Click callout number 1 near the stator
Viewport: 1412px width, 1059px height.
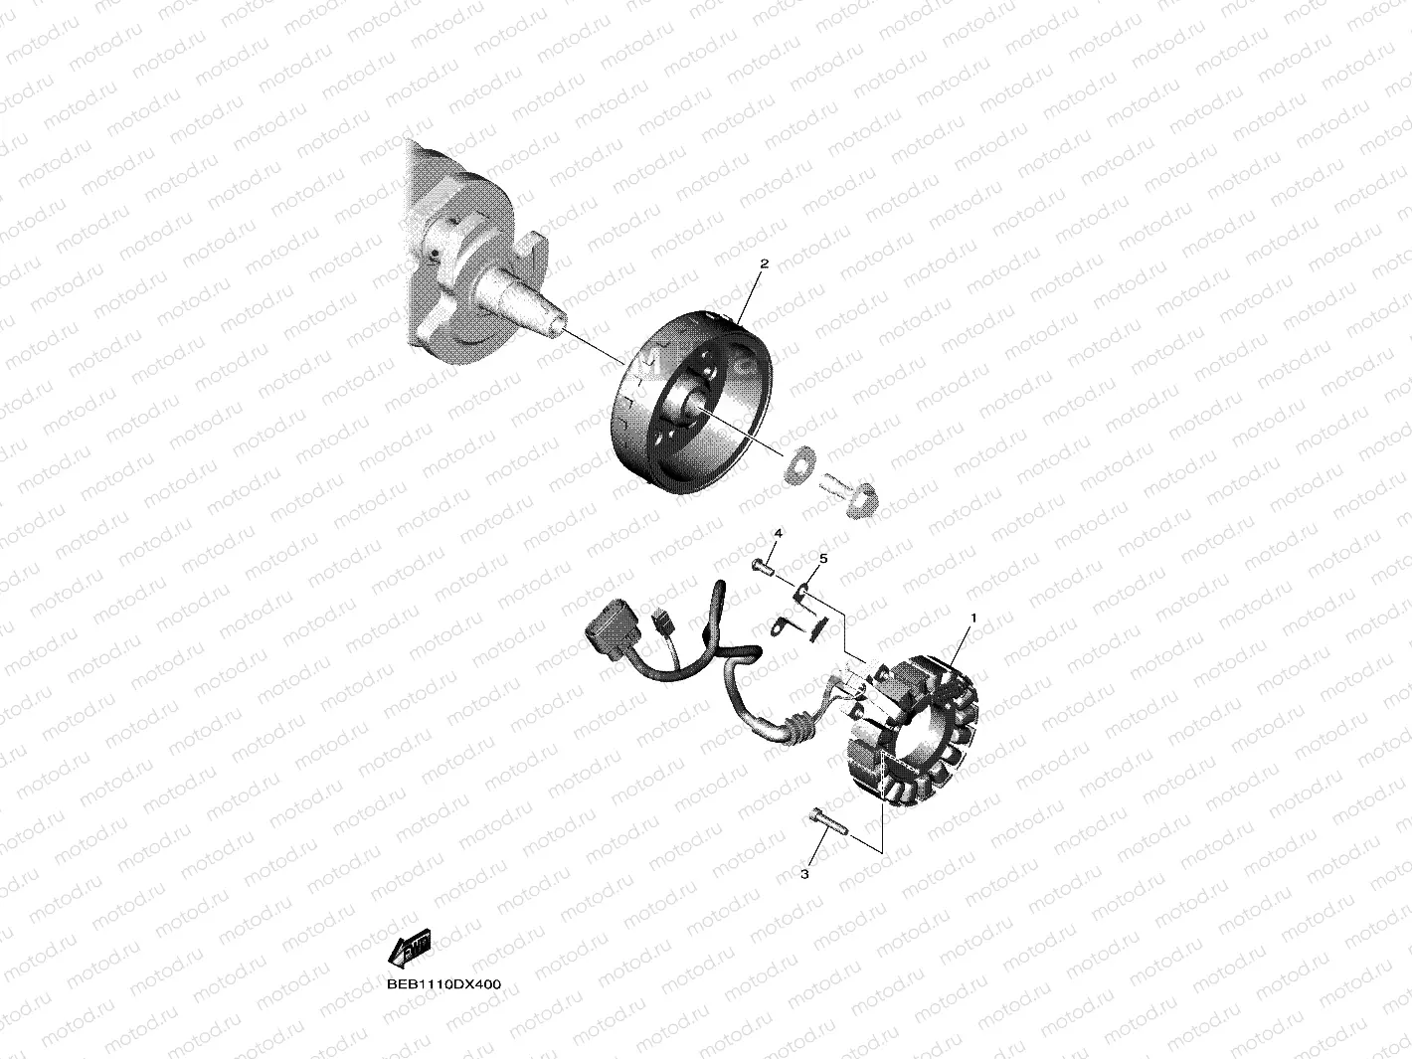(973, 618)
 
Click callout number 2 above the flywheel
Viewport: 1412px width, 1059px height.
(764, 265)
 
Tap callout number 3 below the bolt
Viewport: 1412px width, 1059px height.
(804, 874)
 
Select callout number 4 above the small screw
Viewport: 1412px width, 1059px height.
(779, 534)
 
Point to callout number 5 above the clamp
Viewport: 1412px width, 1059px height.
(823, 558)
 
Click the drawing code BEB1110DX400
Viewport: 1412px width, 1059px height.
(444, 984)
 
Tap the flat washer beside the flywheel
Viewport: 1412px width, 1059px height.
(798, 462)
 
